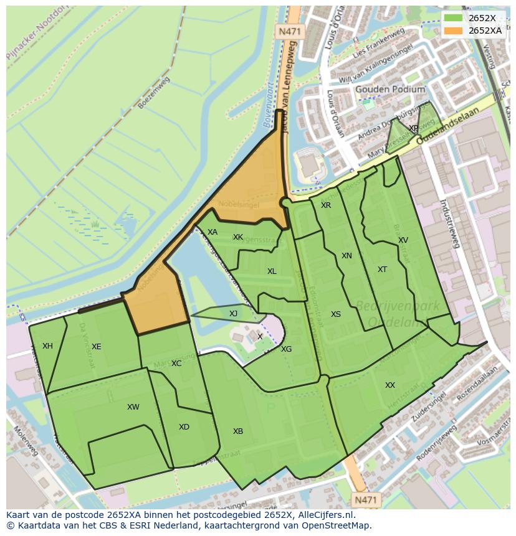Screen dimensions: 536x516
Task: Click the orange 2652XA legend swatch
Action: point(454,30)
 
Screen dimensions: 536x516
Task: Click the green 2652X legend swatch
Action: point(454,18)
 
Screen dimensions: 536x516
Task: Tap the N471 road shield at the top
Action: point(289,31)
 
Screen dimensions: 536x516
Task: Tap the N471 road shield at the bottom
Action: point(366,499)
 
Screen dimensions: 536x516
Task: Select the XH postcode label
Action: point(47,346)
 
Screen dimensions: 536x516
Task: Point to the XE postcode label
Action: point(96,347)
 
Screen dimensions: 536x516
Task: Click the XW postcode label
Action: point(133,407)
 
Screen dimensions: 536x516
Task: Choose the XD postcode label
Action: point(184,427)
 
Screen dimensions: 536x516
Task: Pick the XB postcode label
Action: point(237,431)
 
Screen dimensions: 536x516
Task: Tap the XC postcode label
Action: point(176,364)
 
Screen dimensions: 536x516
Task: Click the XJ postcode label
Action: point(233,314)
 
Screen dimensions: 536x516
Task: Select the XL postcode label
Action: point(272,271)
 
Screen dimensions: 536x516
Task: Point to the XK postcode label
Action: point(237,237)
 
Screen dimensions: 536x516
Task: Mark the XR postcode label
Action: point(325,205)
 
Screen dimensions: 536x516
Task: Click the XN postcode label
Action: point(346,256)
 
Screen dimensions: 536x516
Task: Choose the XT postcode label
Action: point(382,270)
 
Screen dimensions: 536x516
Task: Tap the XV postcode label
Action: point(403,240)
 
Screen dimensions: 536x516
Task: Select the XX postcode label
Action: point(389,385)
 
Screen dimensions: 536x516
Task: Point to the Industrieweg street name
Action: point(449,224)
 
